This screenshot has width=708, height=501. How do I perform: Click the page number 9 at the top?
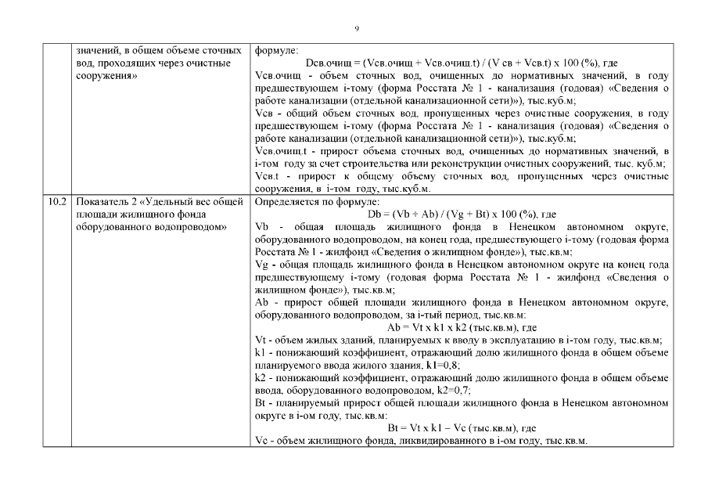[356, 29]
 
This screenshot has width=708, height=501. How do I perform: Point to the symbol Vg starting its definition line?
[262, 265]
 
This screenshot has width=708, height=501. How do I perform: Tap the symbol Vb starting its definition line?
[262, 227]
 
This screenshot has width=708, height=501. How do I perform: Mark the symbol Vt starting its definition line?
[261, 340]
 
